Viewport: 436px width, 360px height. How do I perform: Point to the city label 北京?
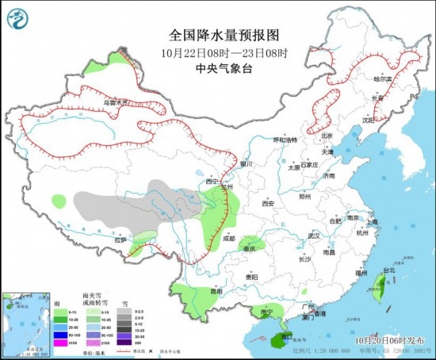[x=326, y=135]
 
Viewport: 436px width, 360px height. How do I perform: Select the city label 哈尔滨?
[x=383, y=79]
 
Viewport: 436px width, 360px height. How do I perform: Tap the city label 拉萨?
[x=120, y=239]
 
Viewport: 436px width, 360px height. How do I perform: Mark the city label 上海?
[x=372, y=223]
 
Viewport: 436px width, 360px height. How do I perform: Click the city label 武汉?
[x=314, y=236]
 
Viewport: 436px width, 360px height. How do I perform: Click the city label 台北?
[x=388, y=270]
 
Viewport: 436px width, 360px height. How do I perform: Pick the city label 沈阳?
[x=366, y=121]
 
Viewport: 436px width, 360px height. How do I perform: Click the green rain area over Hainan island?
[x=277, y=339]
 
